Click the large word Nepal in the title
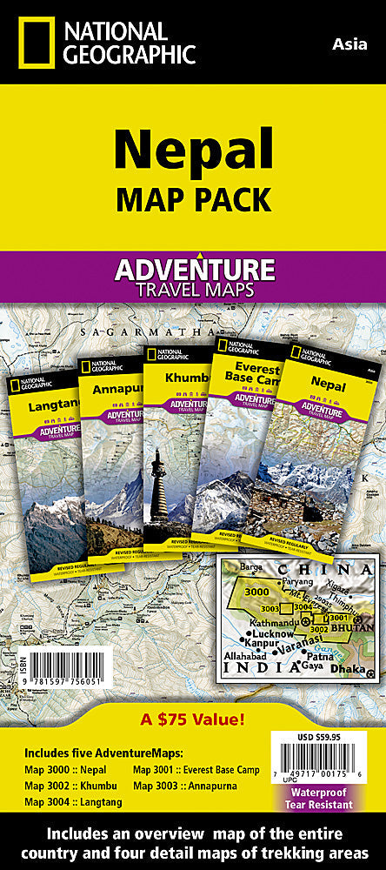[193, 149]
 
